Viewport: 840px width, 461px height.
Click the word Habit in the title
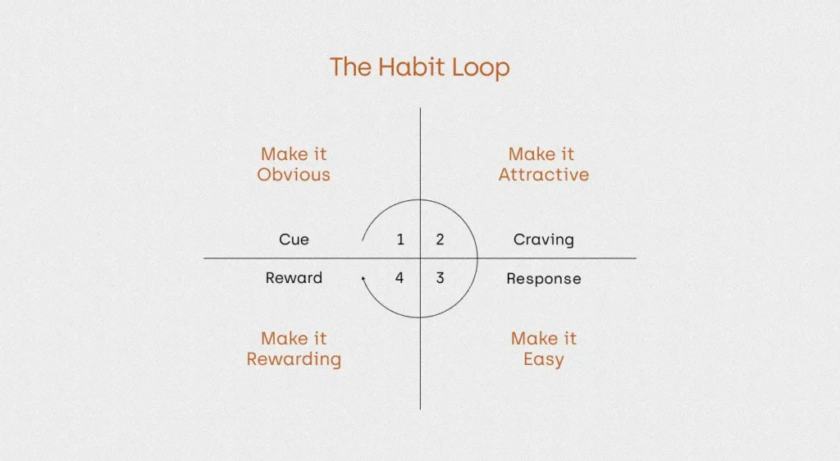pyautogui.click(x=412, y=67)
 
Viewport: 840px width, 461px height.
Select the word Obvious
pyautogui.click(x=294, y=175)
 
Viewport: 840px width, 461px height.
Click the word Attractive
pyautogui.click(x=544, y=175)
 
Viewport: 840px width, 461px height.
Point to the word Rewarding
pyautogui.click(x=294, y=359)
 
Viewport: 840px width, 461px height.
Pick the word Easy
pyautogui.click(x=544, y=359)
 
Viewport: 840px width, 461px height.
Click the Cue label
pyautogui.click(x=294, y=240)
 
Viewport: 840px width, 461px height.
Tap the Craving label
pyautogui.click(x=544, y=240)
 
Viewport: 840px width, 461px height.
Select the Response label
pyautogui.click(x=544, y=279)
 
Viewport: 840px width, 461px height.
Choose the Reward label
pyautogui.click(x=294, y=278)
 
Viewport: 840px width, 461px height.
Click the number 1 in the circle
pyautogui.click(x=400, y=240)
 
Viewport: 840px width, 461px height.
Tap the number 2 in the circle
pyautogui.click(x=440, y=240)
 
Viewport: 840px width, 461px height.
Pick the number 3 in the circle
pyautogui.click(x=440, y=278)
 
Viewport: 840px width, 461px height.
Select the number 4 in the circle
pyautogui.click(x=399, y=278)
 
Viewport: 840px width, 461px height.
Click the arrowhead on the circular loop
pyautogui.click(x=363, y=278)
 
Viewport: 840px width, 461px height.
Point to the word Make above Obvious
pyautogui.click(x=282, y=154)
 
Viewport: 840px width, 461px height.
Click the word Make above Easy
pyautogui.click(x=532, y=339)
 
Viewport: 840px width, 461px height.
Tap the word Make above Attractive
pyautogui.click(x=529, y=154)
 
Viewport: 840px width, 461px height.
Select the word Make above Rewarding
pyautogui.click(x=282, y=339)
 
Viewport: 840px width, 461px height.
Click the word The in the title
pyautogui.click(x=350, y=67)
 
